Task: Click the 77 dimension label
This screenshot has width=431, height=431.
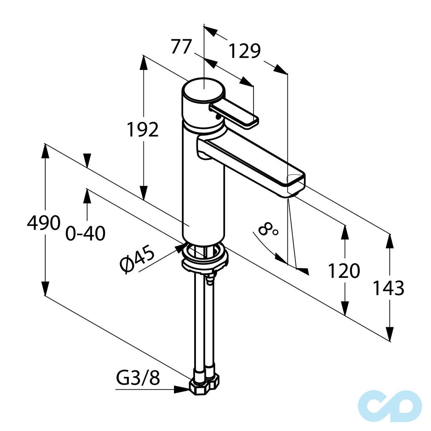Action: (181, 47)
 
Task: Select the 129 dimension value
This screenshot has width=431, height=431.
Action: (244, 51)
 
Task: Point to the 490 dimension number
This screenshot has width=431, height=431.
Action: (44, 223)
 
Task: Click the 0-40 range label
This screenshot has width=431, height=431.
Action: (85, 233)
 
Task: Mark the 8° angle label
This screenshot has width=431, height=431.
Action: (268, 228)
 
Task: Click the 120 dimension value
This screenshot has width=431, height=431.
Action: (344, 271)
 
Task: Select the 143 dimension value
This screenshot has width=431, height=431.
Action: (388, 288)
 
